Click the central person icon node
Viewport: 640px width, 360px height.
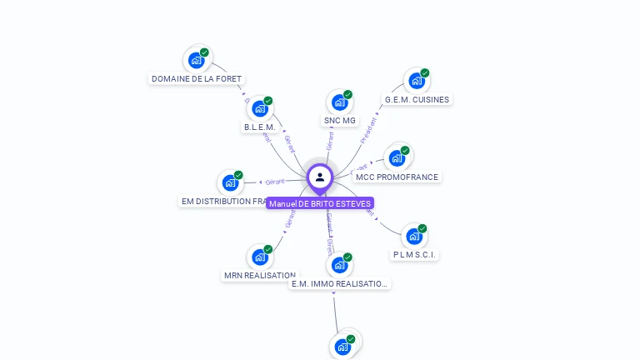320,177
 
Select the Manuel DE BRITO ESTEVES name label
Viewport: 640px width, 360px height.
320,203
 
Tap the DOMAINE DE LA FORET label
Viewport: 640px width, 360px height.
197,79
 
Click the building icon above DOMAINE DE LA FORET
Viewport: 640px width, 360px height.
197,60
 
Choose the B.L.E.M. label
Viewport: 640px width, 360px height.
259,127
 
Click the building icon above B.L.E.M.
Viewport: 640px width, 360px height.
260,108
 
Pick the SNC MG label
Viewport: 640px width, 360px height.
339,121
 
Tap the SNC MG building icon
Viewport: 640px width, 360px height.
339,102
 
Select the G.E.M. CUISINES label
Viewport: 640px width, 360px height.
417,100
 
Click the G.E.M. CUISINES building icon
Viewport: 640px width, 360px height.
416,81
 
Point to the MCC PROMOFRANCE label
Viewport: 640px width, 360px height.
397,177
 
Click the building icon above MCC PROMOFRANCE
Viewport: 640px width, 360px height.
397,157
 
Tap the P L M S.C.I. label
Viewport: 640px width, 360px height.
415,254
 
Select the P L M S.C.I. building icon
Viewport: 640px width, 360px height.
414,236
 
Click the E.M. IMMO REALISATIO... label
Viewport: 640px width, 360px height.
339,284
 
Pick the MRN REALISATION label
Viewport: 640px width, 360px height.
260,276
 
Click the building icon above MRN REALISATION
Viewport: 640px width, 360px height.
260,257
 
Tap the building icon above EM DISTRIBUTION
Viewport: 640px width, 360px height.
230,182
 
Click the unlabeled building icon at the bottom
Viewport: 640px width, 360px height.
342,346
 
